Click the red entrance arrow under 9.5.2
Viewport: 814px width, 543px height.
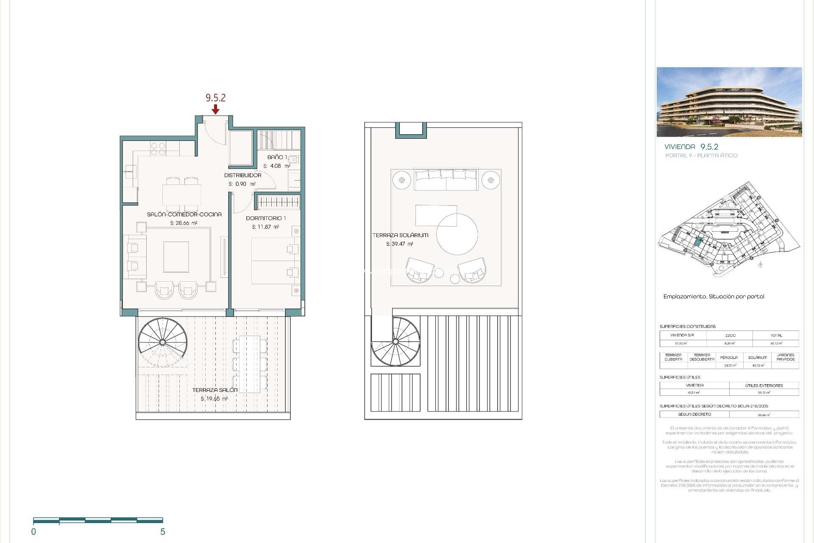click(215, 109)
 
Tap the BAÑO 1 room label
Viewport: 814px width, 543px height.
click(277, 157)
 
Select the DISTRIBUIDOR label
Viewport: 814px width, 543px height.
click(243, 175)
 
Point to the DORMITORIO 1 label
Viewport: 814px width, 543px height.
click(266, 218)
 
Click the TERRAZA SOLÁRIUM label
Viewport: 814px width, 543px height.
click(400, 235)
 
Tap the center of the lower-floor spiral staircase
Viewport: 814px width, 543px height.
click(162, 342)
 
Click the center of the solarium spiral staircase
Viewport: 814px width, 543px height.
click(396, 341)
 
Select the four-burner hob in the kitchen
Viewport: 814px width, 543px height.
click(158, 149)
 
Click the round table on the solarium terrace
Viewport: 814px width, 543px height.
click(457, 234)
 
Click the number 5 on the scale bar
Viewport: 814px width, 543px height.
click(162, 532)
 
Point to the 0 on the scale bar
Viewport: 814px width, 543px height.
click(34, 532)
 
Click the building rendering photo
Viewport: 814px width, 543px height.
click(729, 102)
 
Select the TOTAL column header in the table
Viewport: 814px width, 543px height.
click(776, 335)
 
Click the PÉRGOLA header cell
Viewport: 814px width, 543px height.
click(728, 358)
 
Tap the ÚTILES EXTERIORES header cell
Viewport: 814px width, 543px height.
click(764, 386)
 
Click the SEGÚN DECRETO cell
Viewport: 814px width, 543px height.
click(694, 414)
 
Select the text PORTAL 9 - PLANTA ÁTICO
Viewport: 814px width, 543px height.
click(701, 156)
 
